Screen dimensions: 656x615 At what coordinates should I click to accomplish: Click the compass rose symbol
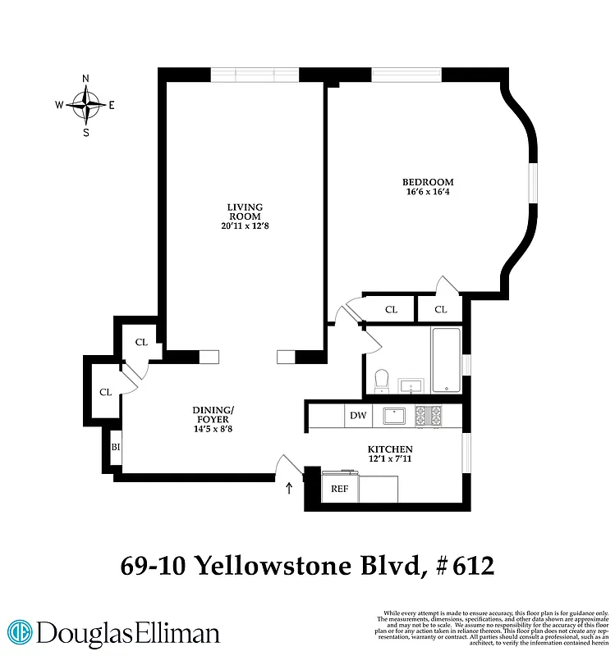[x=85, y=105]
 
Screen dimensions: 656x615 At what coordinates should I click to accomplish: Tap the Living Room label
[x=245, y=211]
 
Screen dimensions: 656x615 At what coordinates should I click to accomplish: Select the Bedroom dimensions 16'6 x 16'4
[x=427, y=192]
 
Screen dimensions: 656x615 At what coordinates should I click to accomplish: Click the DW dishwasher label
[x=358, y=416]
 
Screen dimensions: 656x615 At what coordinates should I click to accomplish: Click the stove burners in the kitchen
[x=428, y=416]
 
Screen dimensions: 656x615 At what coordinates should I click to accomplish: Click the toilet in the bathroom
[x=380, y=380]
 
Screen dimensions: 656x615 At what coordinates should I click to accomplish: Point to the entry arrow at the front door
[x=288, y=490]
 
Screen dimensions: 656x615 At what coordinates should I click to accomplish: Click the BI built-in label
[x=115, y=447]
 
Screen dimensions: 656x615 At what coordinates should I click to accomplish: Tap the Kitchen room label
[x=389, y=450]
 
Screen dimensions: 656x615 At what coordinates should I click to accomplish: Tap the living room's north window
[x=255, y=75]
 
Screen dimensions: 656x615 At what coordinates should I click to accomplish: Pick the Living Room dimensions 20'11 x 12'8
[x=245, y=225]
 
